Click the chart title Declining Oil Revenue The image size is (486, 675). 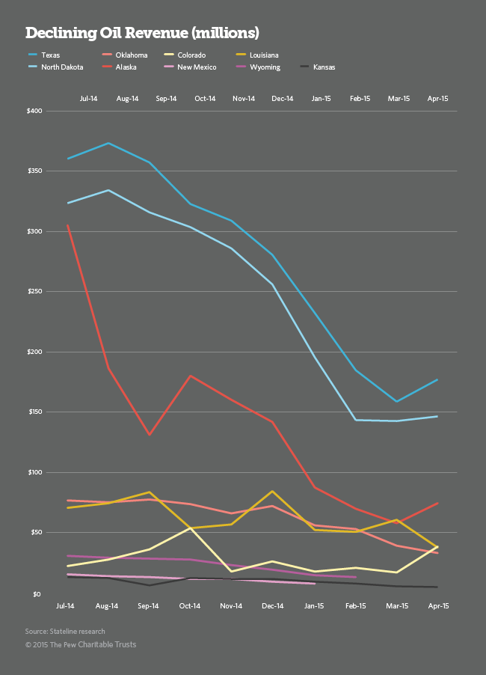tap(143, 33)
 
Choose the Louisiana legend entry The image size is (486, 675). tap(265, 55)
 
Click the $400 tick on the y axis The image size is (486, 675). tap(34, 111)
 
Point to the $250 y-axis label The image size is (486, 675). tap(34, 291)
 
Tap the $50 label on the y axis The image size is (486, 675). tap(35, 533)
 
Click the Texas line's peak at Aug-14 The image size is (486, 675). tap(109, 143)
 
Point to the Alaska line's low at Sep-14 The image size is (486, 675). tap(150, 434)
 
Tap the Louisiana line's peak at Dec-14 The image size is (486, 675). tap(271, 492)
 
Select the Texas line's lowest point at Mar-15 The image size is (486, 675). tap(396, 402)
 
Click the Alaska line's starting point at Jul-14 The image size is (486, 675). tap(68, 225)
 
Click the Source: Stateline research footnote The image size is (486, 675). tap(65, 631)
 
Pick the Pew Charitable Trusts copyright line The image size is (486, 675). tap(81, 644)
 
